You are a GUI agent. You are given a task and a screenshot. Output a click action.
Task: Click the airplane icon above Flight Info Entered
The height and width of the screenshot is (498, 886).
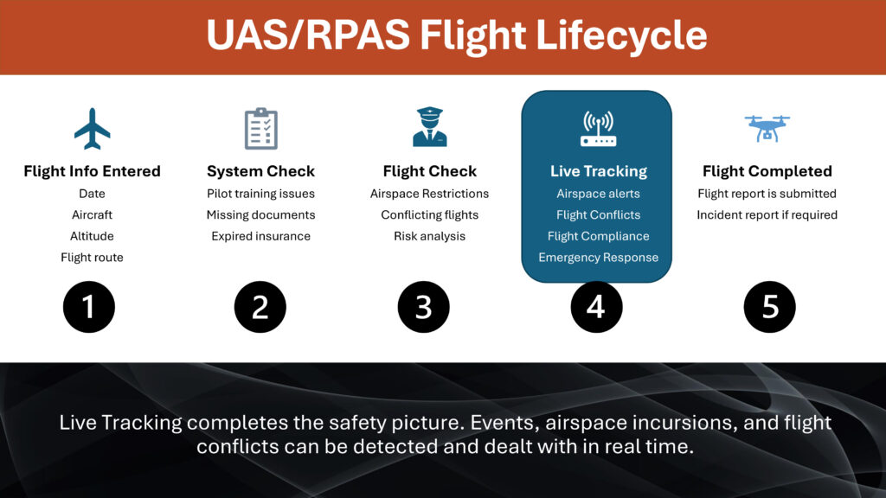[92, 129]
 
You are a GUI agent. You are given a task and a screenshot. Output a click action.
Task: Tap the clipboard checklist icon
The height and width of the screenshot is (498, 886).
[260, 129]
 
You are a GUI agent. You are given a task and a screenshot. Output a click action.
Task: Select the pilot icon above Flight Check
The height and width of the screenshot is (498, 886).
[429, 127]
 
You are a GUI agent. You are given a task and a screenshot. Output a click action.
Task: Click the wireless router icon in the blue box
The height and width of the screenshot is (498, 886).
[597, 129]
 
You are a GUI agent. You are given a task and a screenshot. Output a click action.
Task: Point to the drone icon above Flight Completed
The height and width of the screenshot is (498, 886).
[767, 128]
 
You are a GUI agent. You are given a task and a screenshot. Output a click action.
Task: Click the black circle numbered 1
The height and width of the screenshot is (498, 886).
[88, 307]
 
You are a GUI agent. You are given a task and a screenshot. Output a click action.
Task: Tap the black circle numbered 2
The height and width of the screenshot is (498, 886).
[260, 307]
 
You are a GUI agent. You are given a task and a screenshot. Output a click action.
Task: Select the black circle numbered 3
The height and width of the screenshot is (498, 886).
[423, 307]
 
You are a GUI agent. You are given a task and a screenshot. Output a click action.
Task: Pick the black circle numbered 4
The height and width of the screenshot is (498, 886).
[596, 307]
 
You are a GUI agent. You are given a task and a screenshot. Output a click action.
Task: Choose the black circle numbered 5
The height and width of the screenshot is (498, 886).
[769, 307]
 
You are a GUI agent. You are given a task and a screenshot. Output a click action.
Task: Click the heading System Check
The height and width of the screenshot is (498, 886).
[260, 171]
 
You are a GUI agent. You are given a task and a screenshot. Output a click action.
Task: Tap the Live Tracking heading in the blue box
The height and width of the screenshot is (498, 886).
[598, 171]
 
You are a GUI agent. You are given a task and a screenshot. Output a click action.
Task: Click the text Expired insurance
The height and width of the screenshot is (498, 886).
[260, 236]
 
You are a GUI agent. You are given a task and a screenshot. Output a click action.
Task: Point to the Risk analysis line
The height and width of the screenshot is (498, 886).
[429, 236]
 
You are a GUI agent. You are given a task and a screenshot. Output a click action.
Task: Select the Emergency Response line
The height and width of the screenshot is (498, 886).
[598, 258]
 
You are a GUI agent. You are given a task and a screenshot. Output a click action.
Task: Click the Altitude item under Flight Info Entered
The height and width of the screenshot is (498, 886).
[92, 236]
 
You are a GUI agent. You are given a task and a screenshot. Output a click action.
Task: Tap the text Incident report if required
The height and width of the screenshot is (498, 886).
[767, 214]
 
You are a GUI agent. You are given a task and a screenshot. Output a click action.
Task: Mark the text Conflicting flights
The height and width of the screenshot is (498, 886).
[429, 214]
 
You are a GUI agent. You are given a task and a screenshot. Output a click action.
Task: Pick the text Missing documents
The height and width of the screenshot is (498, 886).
[260, 214]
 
